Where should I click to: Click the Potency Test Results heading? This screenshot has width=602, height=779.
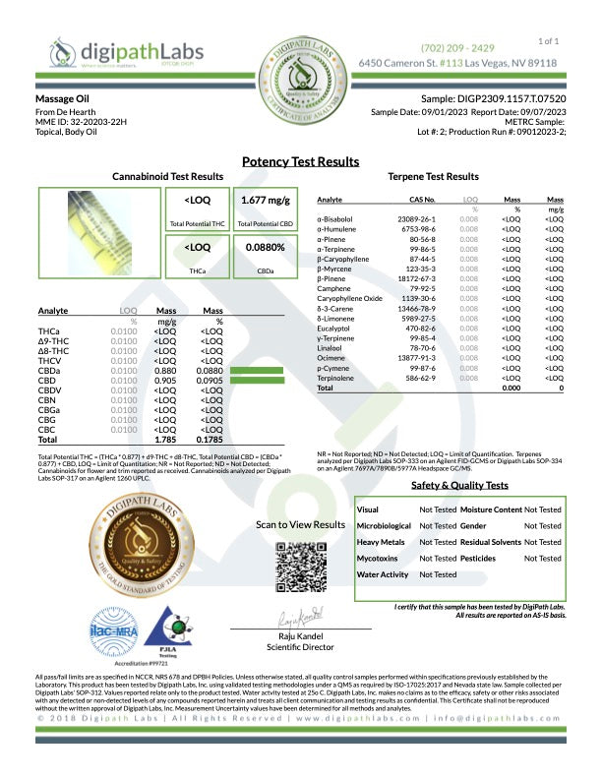[x=300, y=161]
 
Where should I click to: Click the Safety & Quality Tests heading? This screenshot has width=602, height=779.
[x=459, y=486]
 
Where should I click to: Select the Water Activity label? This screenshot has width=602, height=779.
[x=382, y=573]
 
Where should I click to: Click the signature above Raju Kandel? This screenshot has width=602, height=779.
[x=300, y=620]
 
